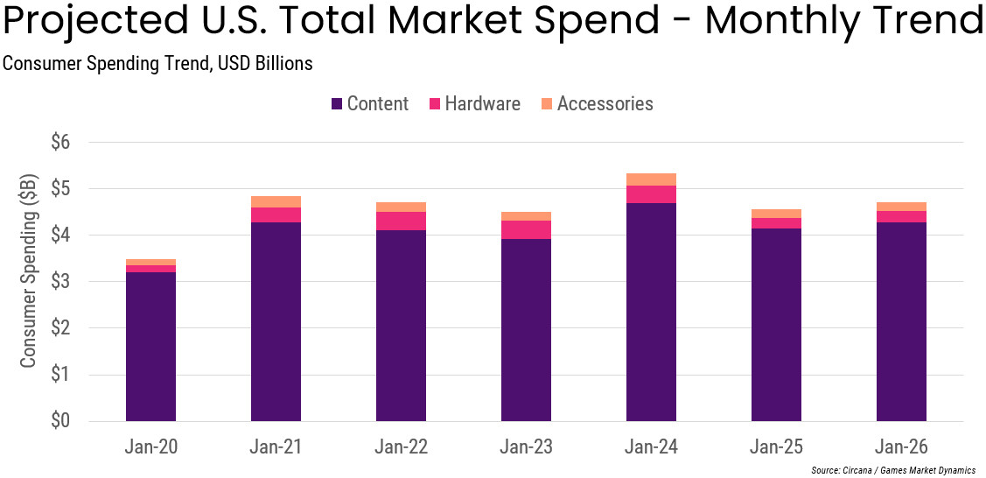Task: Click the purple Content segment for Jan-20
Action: coord(150,347)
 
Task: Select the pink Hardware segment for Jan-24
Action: coord(651,194)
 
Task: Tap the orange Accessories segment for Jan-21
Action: coord(276,201)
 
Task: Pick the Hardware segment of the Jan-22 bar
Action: coord(401,221)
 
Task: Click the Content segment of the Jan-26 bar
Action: coord(901,322)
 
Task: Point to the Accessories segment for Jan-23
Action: coord(526,216)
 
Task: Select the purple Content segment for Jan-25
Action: coord(776,325)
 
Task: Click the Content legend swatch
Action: coord(337,104)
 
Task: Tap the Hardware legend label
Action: coord(482,104)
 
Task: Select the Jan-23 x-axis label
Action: coord(526,447)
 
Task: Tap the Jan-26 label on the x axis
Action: coord(901,447)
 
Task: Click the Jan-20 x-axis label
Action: coord(150,447)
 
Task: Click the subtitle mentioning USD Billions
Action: coord(157,64)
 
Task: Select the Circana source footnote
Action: coord(892,470)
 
